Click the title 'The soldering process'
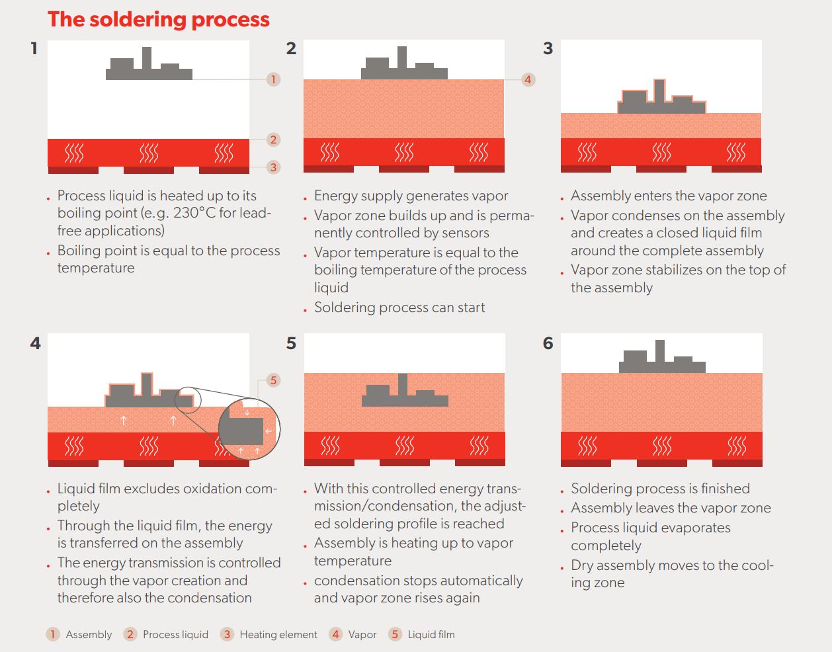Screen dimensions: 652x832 [x=159, y=19]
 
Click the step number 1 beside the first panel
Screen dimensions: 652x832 [x=34, y=48]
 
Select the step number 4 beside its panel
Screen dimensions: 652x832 [x=35, y=343]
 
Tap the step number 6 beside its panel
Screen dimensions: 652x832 [x=548, y=343]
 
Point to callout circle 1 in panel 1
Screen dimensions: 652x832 [x=273, y=79]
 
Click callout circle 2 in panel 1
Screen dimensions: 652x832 [x=273, y=140]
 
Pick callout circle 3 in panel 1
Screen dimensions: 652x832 [x=273, y=167]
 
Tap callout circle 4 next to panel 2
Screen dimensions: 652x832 [x=528, y=79]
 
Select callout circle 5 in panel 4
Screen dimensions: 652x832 [x=273, y=380]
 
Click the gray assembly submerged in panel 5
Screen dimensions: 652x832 [x=405, y=395]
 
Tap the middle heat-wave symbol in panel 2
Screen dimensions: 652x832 [x=404, y=153]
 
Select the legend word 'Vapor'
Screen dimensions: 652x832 [x=362, y=635]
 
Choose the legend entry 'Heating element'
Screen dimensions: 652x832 [x=278, y=635]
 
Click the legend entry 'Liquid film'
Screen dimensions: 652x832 [x=431, y=635]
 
